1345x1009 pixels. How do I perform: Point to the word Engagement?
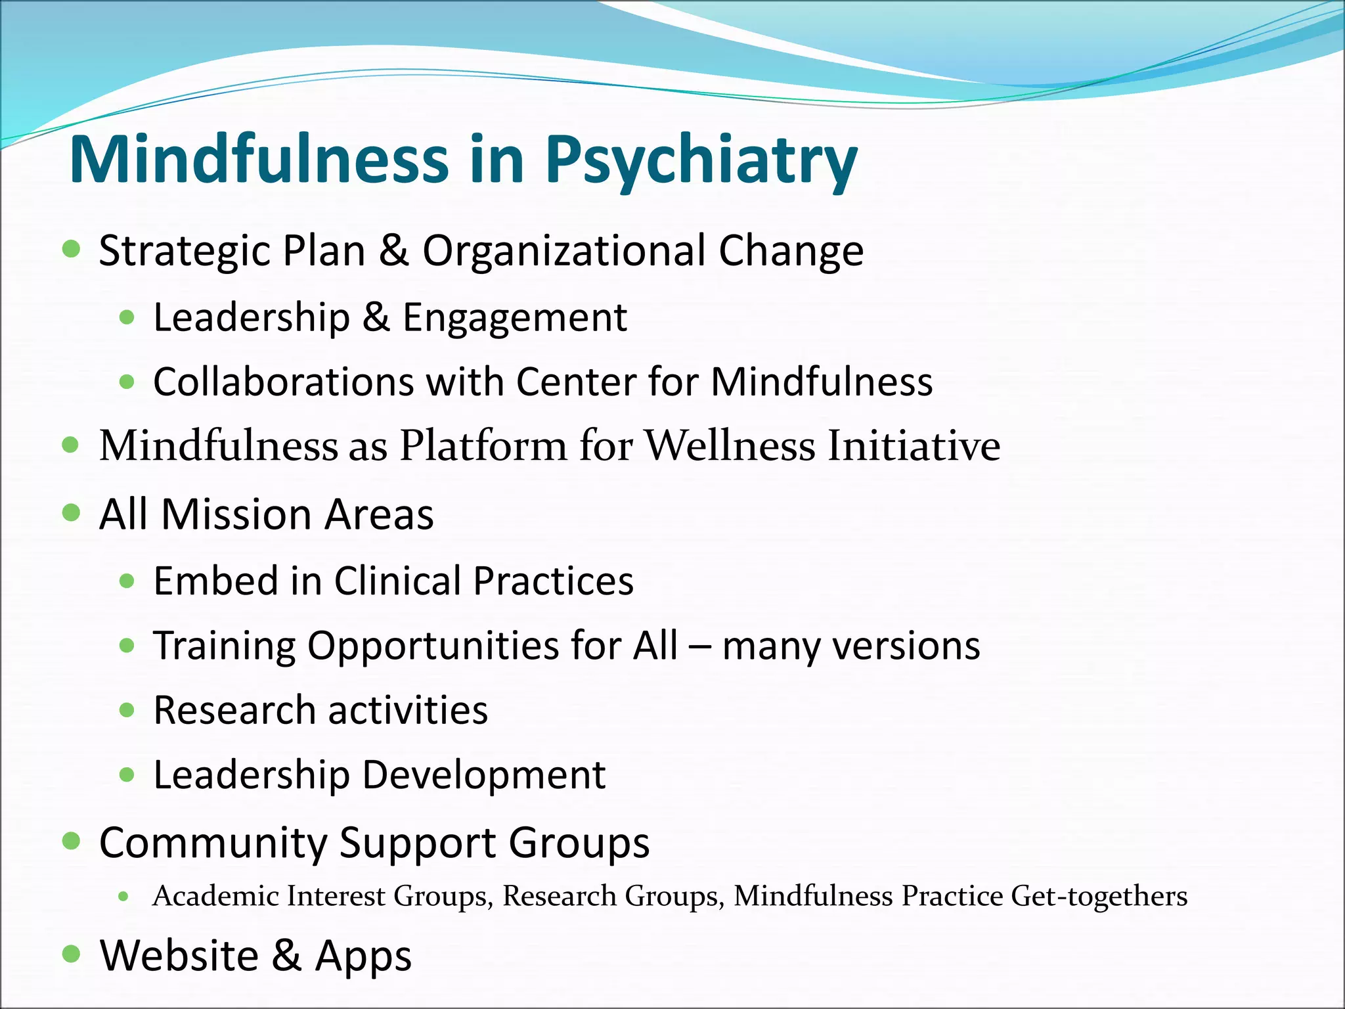pyautogui.click(x=514, y=318)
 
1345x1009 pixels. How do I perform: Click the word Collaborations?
pyautogui.click(x=284, y=382)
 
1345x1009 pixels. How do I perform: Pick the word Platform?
pyautogui.click(x=483, y=446)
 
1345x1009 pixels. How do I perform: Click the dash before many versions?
pyautogui.click(x=700, y=646)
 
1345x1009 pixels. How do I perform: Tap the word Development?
pyautogui.click(x=483, y=775)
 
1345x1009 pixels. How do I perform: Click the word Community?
pyautogui.click(x=213, y=843)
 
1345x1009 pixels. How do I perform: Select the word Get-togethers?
pyautogui.click(x=1099, y=896)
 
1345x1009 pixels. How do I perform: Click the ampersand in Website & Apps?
pyautogui.click(x=287, y=955)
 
